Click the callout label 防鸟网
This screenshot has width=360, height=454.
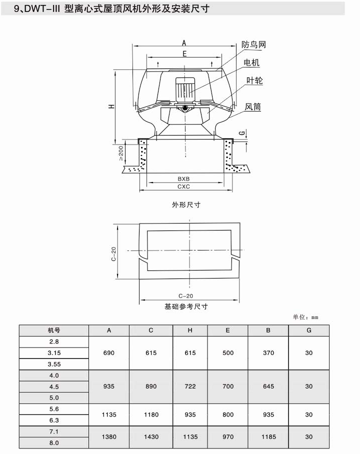click(253, 45)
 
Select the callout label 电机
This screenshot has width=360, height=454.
click(251, 62)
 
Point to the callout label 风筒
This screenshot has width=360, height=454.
click(252, 107)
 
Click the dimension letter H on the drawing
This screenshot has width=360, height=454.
click(112, 106)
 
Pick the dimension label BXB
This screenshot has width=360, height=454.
click(183, 178)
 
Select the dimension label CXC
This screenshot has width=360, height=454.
click(183, 186)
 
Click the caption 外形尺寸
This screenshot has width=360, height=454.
click(186, 205)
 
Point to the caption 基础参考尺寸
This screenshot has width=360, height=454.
click(186, 306)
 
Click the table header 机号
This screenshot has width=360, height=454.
click(54, 330)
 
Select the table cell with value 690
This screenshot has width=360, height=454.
click(108, 353)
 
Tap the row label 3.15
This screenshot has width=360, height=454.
click(54, 353)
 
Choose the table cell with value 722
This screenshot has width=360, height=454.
click(190, 386)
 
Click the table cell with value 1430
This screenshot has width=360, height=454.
click(151, 437)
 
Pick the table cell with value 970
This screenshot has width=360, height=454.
click(227, 437)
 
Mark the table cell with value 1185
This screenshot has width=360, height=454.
click(268, 437)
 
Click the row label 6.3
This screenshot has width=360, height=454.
click(54, 420)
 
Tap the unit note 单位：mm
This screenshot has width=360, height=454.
click(305, 317)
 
